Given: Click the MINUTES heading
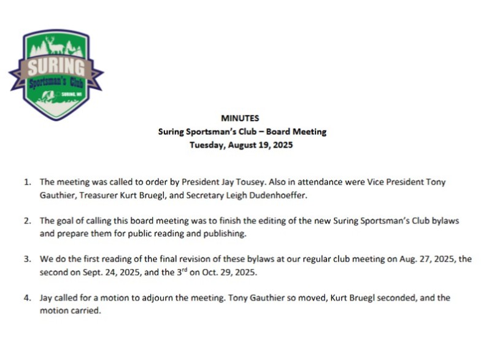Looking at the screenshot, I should click(x=240, y=118).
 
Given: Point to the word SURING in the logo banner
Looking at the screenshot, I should click(x=56, y=65).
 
